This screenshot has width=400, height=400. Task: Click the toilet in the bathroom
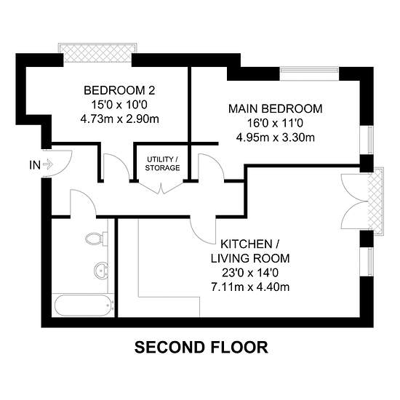pyautogui.click(x=97, y=239)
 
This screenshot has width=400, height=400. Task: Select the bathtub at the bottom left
pyautogui.click(x=84, y=305)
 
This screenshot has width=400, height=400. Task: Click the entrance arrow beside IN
pyautogui.click(x=48, y=164)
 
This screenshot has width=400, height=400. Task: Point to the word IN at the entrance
pyautogui.click(x=35, y=165)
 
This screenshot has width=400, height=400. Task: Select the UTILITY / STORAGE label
pyautogui.click(x=162, y=164)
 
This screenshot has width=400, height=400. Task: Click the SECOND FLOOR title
pyautogui.click(x=201, y=347)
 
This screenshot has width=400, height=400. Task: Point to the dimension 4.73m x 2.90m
pyautogui.click(x=120, y=119)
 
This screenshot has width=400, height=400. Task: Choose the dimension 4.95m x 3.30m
pyautogui.click(x=275, y=137)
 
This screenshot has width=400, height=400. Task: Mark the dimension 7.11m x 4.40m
pyautogui.click(x=250, y=287)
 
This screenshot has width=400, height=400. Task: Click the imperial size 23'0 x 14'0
pyautogui.click(x=250, y=273)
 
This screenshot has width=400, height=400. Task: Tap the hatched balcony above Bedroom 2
pyautogui.click(x=97, y=53)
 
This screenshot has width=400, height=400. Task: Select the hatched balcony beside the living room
pyautogui.click(x=376, y=201)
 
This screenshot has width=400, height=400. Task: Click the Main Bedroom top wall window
pyautogui.click(x=309, y=73)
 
